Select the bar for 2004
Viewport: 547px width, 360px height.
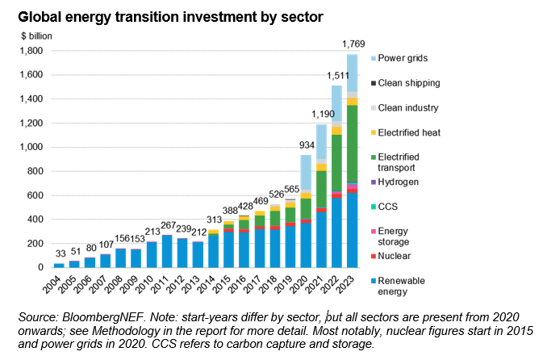point(59,264)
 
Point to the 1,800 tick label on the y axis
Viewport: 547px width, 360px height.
point(31,51)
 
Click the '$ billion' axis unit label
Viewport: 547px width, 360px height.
point(32,36)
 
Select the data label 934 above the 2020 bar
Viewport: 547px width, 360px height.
point(306,144)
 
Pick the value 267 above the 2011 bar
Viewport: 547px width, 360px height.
point(168,225)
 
